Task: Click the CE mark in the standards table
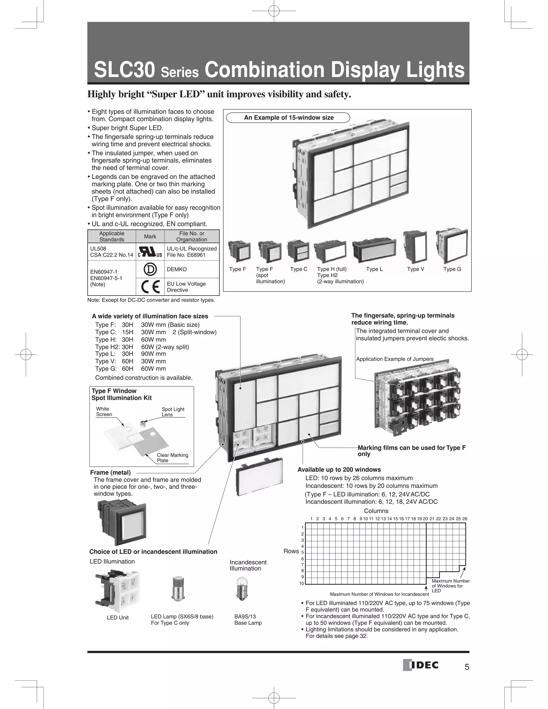[x=150, y=287]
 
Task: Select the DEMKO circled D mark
[x=150, y=269]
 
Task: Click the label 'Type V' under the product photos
[x=416, y=269]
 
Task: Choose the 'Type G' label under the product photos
[x=452, y=269]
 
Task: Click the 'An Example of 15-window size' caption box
[x=288, y=117]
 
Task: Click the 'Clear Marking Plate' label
[x=172, y=458]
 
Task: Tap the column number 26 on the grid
[x=465, y=519]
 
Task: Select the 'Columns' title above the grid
[x=376, y=511]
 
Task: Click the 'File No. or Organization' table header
[x=192, y=236]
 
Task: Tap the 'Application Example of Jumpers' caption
[x=395, y=359]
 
